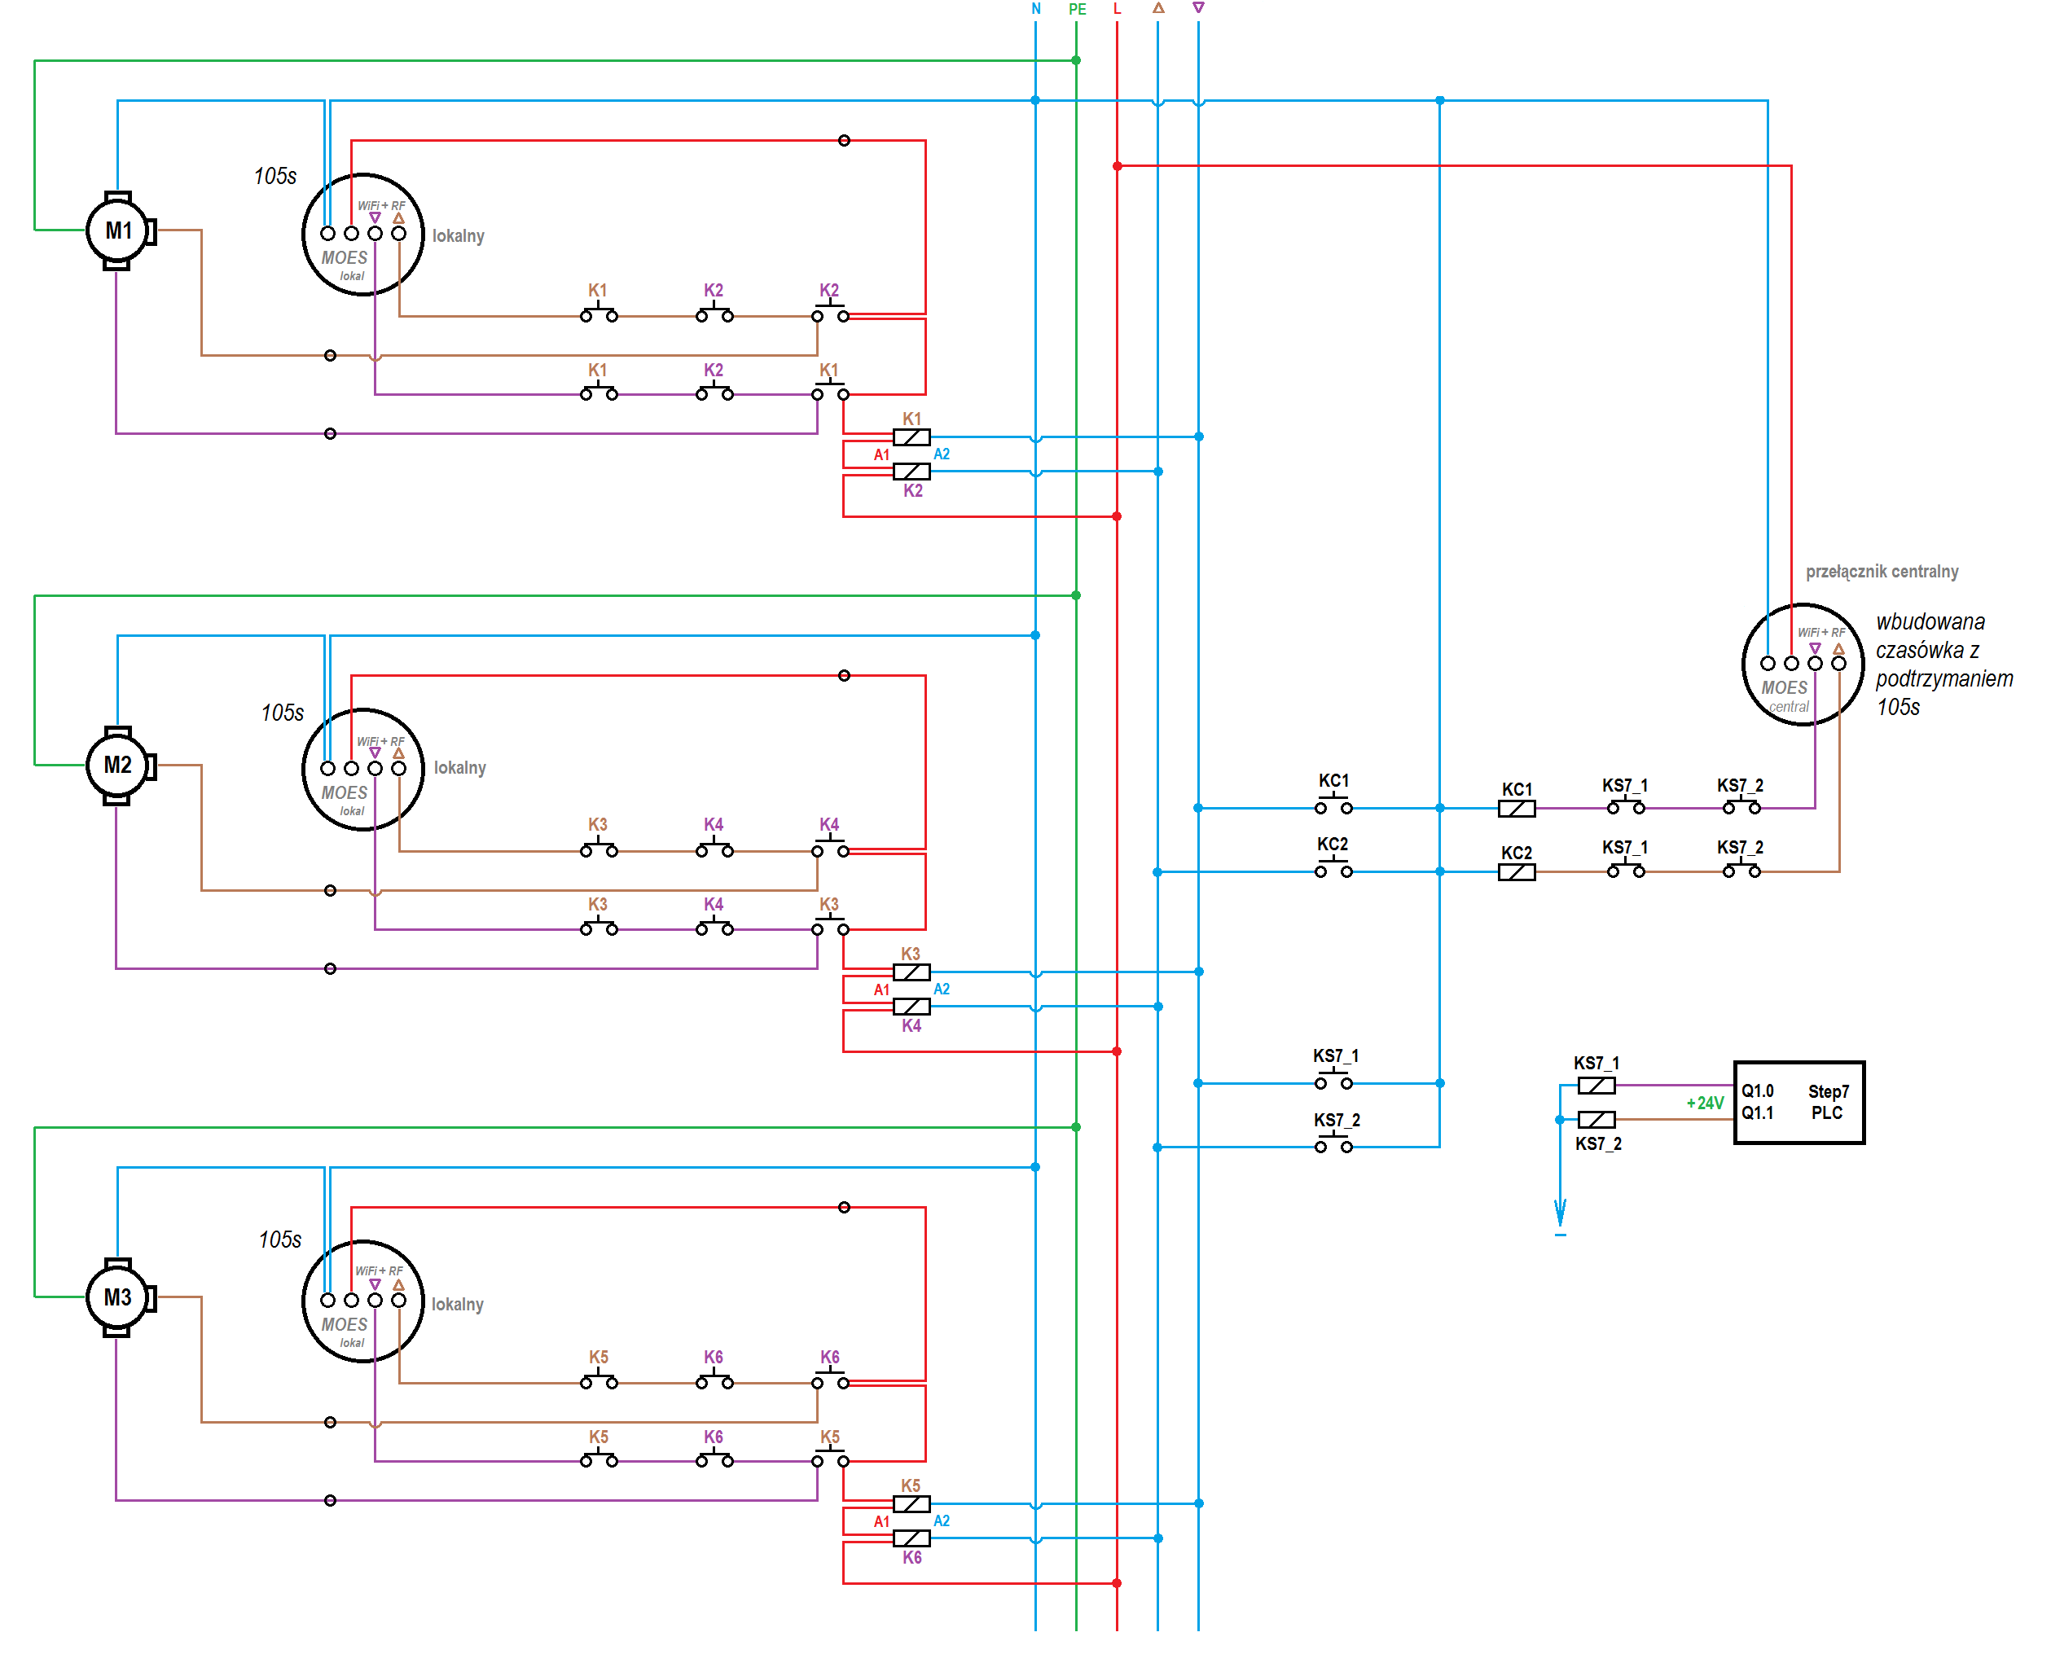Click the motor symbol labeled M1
[x=119, y=230]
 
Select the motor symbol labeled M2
[x=119, y=766]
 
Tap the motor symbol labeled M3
[x=119, y=1298]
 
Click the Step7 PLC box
[x=1799, y=1103]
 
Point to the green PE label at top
[x=1077, y=10]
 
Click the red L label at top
[x=1117, y=9]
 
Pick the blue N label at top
[x=1035, y=9]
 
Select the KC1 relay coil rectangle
[x=1517, y=809]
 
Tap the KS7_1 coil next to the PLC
[x=1596, y=1086]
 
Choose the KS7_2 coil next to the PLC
[x=1596, y=1120]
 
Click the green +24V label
[x=1704, y=1104]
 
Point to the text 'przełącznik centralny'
[x=1882, y=572]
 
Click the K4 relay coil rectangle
[x=911, y=1007]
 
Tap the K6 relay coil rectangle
[x=911, y=1538]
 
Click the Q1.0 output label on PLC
[x=1757, y=1091]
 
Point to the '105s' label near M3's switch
[x=279, y=1240]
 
